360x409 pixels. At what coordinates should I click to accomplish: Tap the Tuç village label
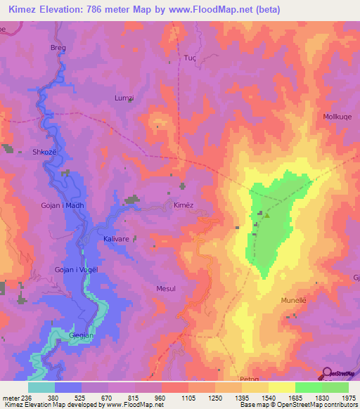[189, 58]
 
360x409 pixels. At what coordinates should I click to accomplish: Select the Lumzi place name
[124, 99]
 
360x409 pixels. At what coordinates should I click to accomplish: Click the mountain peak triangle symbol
[266, 216]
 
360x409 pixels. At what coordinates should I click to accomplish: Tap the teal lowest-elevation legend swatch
[41, 387]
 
